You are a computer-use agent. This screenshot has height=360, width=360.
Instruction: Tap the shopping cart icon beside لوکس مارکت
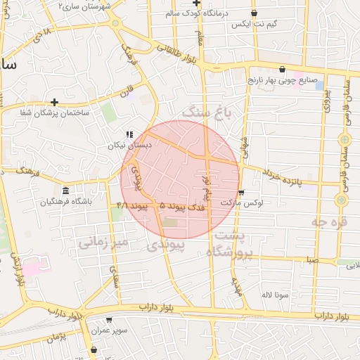click(241, 192)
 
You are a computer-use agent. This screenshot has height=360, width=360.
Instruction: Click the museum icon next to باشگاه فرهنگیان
click(65, 191)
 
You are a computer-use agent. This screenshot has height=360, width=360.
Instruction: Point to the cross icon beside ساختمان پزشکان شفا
click(54, 102)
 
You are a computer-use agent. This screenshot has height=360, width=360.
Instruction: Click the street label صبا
click(311, 260)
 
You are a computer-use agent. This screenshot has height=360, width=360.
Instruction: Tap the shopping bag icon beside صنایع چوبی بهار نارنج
click(282, 70)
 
